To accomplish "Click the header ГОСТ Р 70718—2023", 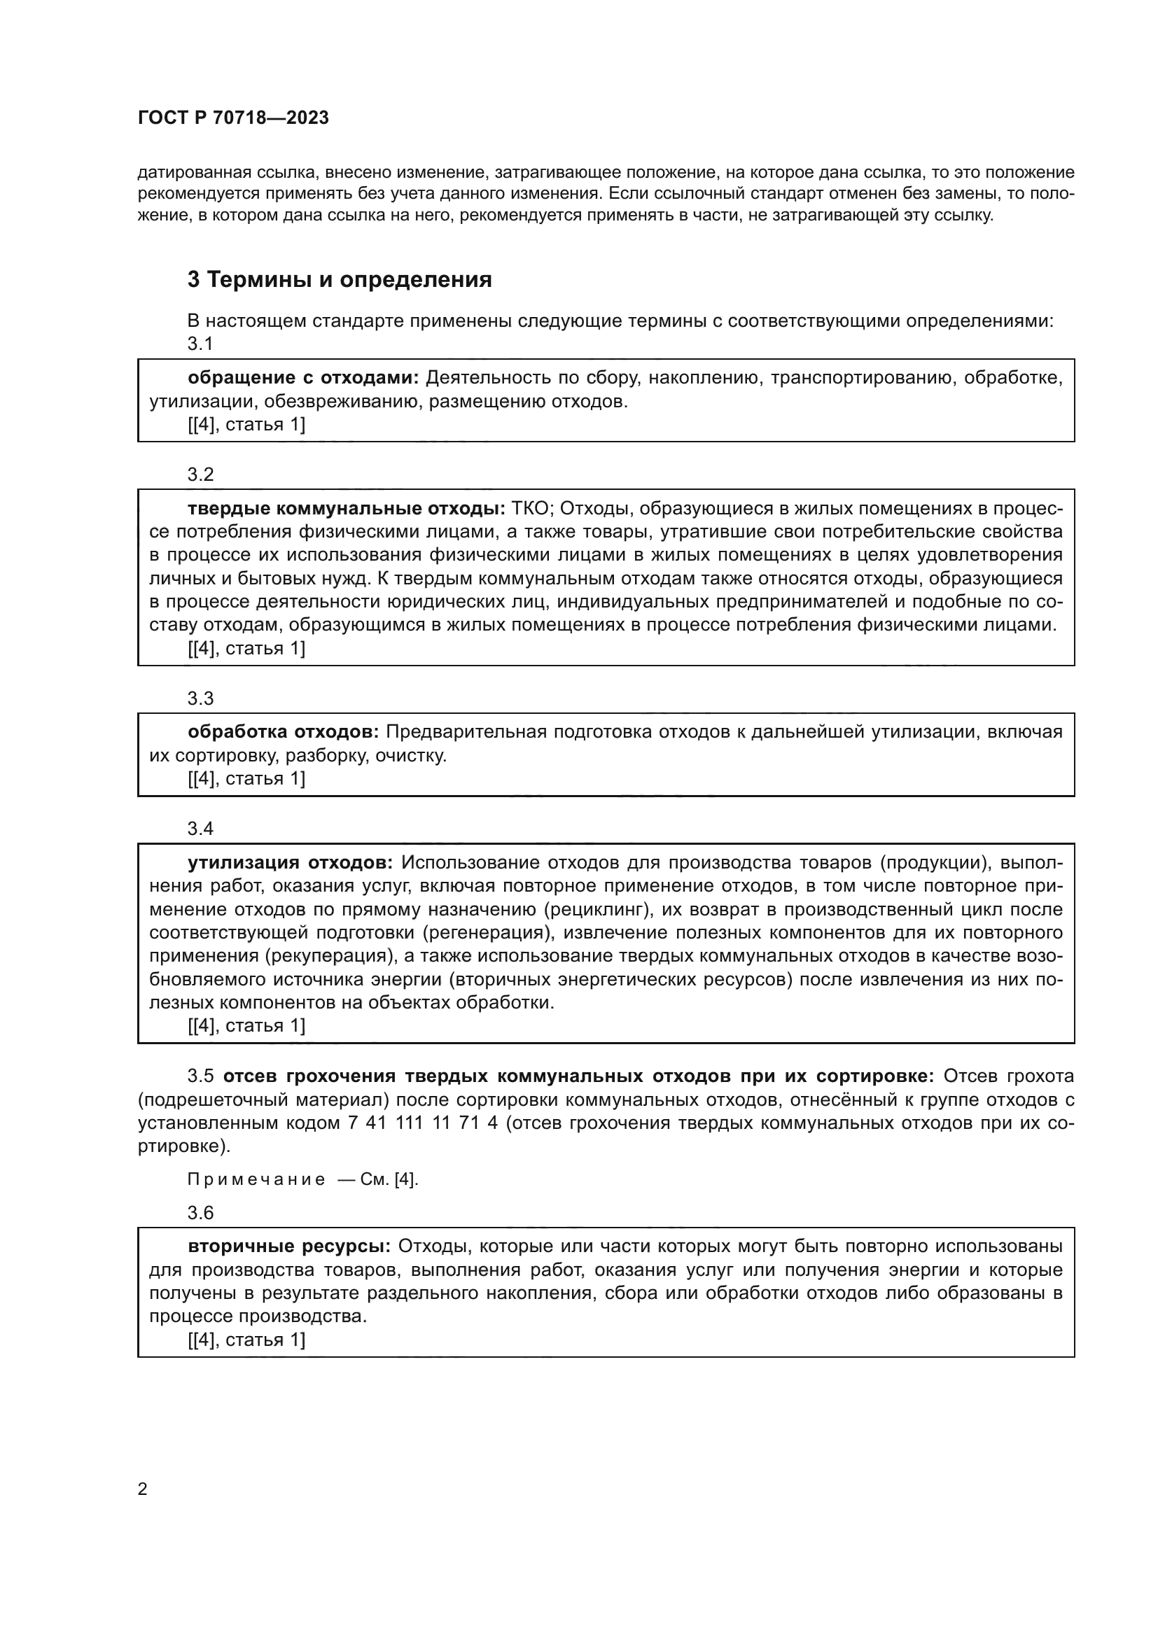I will [233, 118].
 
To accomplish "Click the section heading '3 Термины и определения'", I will [340, 279].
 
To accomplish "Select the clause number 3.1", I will [200, 344].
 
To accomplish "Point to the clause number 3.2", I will [200, 474].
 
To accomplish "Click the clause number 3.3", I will [200, 698].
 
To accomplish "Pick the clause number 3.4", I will [200, 829].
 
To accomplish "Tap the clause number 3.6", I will [200, 1213].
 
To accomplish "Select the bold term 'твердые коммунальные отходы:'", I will [347, 508].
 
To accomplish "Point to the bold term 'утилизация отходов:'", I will [291, 863].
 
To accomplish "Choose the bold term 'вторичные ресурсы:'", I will [288, 1247].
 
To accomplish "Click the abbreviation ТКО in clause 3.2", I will [533, 508].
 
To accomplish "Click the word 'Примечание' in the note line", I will [256, 1180].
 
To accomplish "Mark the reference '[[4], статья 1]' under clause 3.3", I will [246, 778].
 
